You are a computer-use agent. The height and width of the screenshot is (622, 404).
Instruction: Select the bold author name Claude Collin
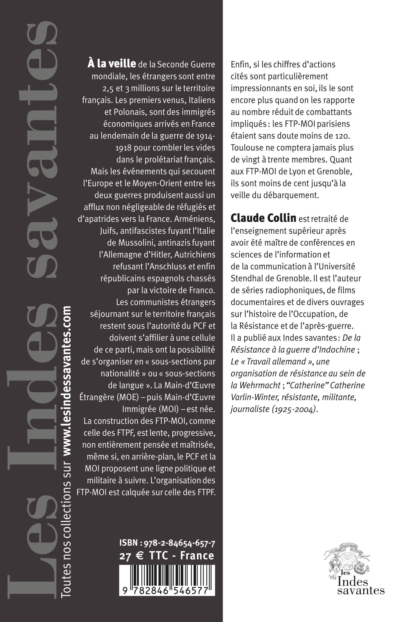(x=263, y=218)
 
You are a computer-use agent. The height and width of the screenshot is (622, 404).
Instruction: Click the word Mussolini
(x=138, y=242)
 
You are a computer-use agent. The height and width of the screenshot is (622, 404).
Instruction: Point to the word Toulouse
(x=247, y=148)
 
